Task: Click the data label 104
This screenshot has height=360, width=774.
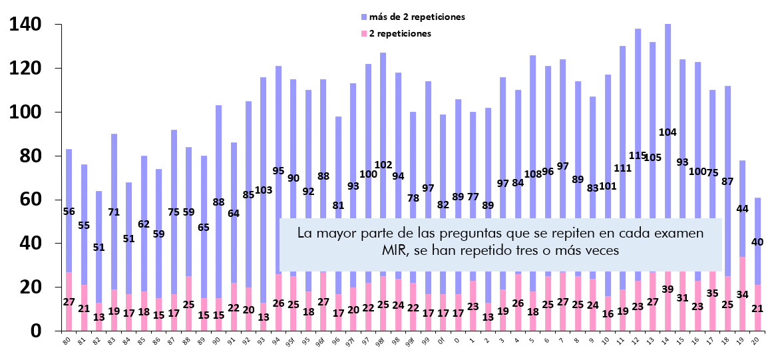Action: [668, 132]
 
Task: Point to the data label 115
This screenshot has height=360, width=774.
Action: [638, 156]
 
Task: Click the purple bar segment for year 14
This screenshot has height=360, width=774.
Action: [668, 80]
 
